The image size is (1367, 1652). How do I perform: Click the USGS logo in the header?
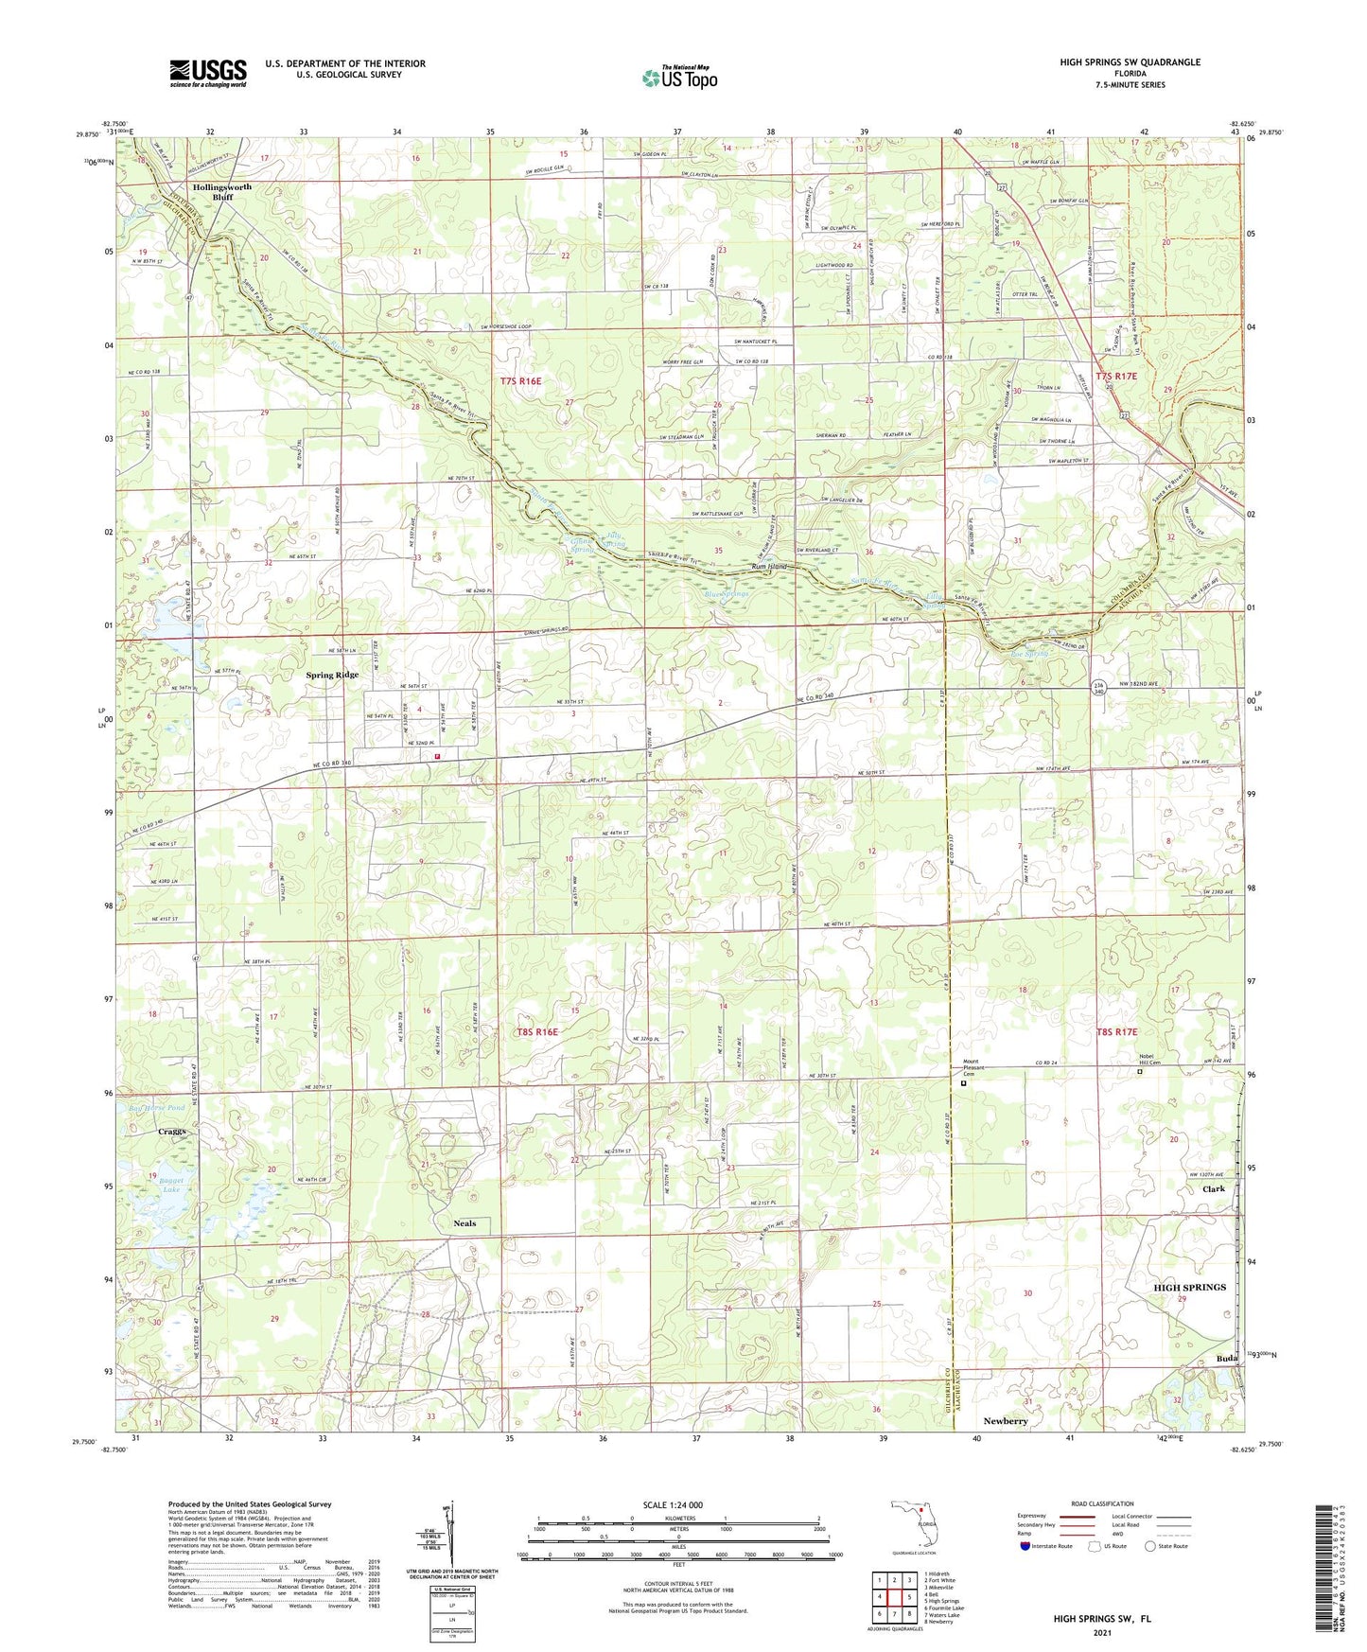tap(208, 73)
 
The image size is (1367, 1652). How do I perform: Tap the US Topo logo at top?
tap(679, 78)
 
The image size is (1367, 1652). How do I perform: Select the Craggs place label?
tap(172, 1132)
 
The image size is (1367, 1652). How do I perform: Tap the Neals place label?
tap(464, 1223)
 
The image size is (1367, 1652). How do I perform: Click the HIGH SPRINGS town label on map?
tap(1189, 1287)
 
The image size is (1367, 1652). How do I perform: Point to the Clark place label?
tap(1213, 1189)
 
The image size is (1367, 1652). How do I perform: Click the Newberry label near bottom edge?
tap(1005, 1421)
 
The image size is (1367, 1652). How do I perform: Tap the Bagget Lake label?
tap(170, 1185)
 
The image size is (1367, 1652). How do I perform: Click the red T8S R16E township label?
tap(536, 1032)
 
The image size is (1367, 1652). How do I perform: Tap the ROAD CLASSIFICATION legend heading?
tap(1101, 1503)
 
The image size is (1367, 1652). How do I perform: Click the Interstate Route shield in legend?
tap(1025, 1547)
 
